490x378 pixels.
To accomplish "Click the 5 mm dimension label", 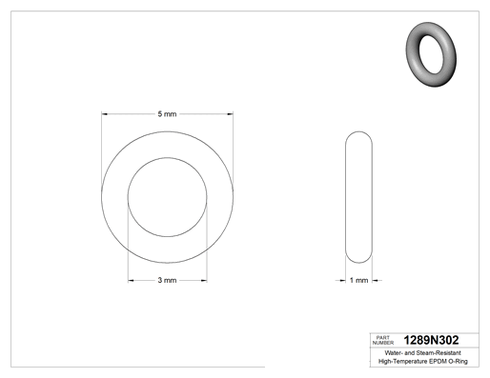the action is (x=167, y=114).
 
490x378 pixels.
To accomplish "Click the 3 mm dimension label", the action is (x=167, y=280).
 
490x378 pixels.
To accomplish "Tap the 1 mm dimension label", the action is (x=358, y=280).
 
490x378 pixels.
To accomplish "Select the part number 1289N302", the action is (x=431, y=340).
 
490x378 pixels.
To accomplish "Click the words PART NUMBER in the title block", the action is (x=383, y=340).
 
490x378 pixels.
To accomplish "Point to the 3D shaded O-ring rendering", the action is (x=431, y=54).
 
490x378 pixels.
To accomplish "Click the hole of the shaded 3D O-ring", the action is (x=431, y=54).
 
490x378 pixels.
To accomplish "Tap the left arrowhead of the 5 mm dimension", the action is (x=105, y=114).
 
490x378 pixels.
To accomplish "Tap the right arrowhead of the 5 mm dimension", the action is (x=230, y=114).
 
